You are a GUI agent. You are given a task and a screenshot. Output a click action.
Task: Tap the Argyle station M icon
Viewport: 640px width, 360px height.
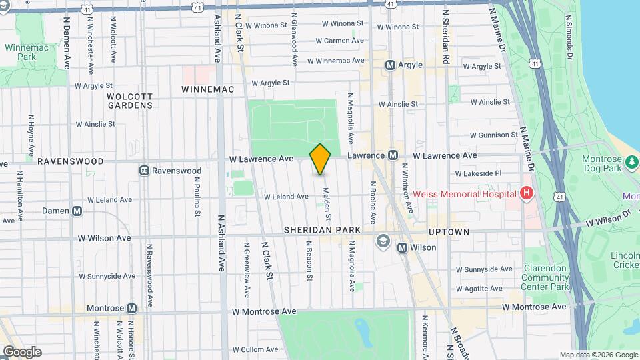[x=391, y=65]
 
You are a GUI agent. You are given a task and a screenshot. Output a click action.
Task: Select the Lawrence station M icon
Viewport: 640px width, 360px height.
[x=393, y=155]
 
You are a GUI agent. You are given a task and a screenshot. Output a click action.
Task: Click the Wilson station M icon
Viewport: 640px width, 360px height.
[x=402, y=247]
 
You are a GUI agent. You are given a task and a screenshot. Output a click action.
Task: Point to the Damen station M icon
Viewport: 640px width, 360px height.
[x=77, y=211]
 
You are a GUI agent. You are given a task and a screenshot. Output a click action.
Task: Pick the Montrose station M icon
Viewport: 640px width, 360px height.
[x=131, y=308]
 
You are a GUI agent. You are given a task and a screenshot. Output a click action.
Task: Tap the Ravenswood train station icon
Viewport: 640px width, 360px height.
[x=143, y=171]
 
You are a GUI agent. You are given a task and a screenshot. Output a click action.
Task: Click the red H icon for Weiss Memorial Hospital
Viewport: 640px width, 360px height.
[x=527, y=194]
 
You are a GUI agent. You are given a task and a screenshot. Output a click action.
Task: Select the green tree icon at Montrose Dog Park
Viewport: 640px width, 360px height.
[x=630, y=161]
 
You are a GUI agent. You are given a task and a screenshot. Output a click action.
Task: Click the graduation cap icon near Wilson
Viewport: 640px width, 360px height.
[x=383, y=240]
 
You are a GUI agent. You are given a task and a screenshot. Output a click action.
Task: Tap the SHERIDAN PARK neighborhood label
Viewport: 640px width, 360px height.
[x=322, y=230]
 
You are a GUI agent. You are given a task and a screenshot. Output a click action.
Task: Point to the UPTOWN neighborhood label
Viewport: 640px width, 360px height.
[x=449, y=232]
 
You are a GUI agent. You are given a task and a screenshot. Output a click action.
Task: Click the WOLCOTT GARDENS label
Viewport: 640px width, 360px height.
[x=130, y=101]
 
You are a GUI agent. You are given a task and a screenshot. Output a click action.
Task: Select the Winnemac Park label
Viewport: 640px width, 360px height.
[x=24, y=52]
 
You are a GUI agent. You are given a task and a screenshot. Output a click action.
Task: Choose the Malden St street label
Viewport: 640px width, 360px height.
[x=327, y=203]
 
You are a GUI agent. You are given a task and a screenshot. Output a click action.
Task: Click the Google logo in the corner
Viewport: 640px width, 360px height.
[x=21, y=352]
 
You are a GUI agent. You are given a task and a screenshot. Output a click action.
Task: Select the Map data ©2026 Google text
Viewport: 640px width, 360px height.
[x=598, y=355]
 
